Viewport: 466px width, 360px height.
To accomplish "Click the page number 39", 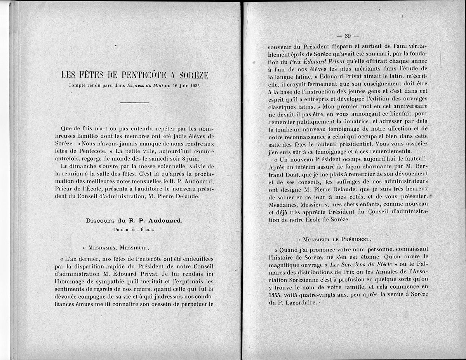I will tap(348, 36).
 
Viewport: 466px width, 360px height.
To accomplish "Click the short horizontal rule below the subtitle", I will tap(134, 103).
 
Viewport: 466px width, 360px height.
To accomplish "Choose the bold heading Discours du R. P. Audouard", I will tap(134, 221).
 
